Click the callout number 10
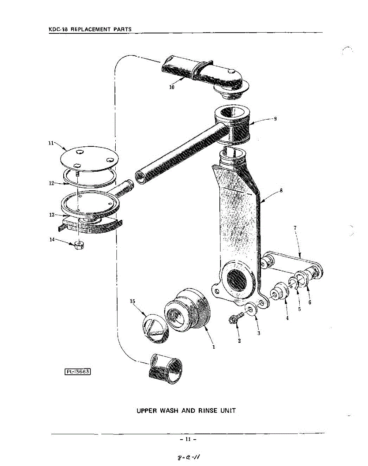172,87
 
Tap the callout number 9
275,119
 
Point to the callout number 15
133,301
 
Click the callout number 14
52,240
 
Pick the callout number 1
214,347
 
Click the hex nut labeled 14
79,245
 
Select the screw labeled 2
234,320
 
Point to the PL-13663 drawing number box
78,372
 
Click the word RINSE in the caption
209,410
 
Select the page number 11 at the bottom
188,439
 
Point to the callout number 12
51,183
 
